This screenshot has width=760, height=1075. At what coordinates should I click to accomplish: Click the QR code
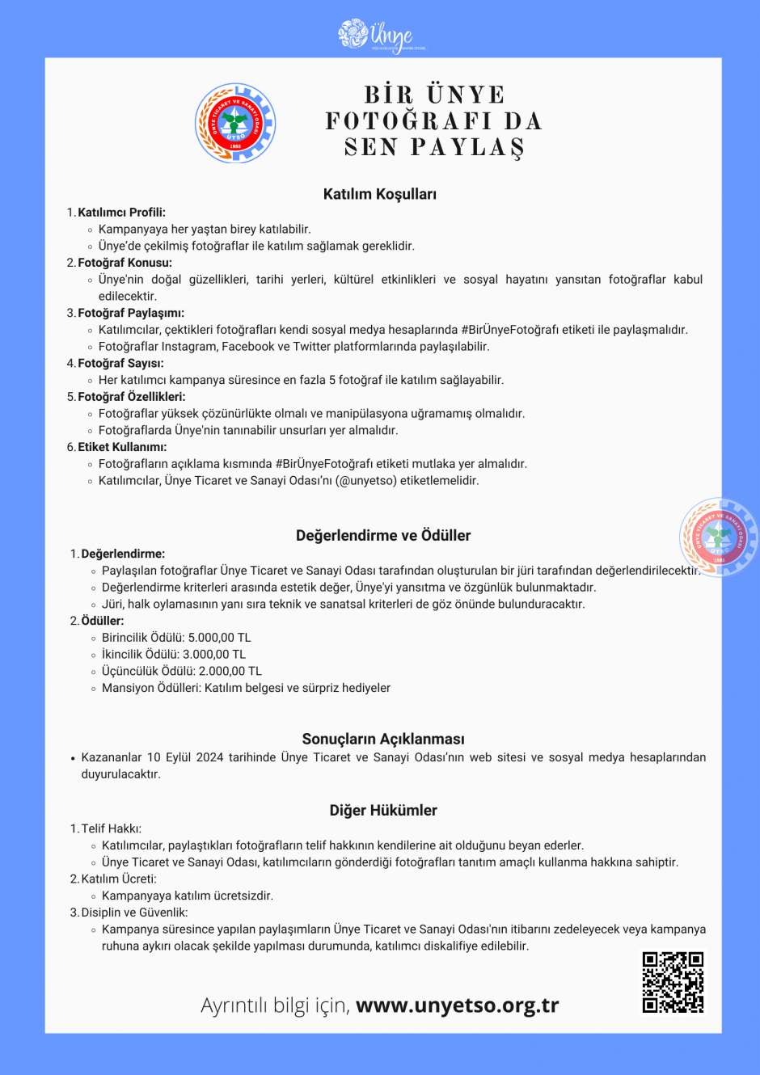click(x=673, y=982)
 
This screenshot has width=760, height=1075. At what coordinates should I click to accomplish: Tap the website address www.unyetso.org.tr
click(x=457, y=1005)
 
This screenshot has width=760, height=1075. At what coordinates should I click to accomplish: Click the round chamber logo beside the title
click(x=235, y=124)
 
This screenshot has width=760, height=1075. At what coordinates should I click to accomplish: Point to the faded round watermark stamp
click(x=718, y=537)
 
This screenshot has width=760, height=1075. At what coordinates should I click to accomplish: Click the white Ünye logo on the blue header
click(x=380, y=36)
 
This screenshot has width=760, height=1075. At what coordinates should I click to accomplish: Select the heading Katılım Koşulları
click(x=379, y=194)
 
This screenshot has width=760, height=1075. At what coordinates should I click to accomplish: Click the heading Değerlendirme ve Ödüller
click(x=382, y=535)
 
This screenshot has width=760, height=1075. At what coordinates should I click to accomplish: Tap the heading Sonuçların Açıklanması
click(x=382, y=739)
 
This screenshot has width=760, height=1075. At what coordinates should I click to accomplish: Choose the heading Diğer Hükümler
click(x=382, y=810)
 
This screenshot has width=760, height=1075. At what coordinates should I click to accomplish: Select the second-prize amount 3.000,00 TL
click(x=214, y=655)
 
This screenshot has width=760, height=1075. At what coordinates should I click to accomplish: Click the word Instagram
click(x=190, y=347)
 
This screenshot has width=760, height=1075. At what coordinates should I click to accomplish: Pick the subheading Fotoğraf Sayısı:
click(x=120, y=364)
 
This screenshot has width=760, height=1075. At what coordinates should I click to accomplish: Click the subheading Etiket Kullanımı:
click(x=122, y=447)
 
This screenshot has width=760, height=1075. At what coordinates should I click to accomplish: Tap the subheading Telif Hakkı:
click(x=111, y=828)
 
